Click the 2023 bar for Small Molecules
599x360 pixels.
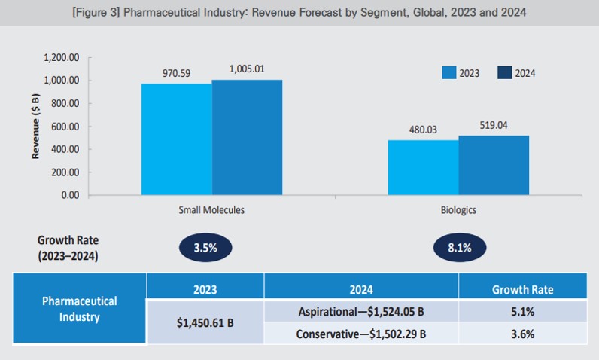click(177, 139)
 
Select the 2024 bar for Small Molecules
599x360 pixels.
click(248, 137)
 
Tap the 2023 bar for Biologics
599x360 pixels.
click(423, 166)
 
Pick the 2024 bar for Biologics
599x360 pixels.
click(494, 165)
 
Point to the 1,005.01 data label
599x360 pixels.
click(248, 69)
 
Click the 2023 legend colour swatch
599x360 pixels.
click(449, 73)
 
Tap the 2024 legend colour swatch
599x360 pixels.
click(504, 73)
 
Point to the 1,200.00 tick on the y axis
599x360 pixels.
click(63, 57)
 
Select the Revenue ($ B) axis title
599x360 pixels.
click(35, 126)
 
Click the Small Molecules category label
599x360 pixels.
click(212, 210)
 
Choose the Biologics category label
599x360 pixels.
click(458, 210)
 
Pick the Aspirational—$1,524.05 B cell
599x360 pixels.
click(361, 310)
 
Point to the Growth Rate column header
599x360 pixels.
click(522, 288)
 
